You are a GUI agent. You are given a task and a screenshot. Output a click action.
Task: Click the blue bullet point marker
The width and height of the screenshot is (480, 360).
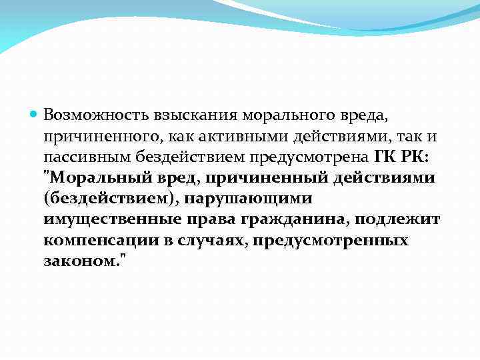(35, 114)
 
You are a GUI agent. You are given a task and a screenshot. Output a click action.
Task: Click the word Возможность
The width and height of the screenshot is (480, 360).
(87, 114)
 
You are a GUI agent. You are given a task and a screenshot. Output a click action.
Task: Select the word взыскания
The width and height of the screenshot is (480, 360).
(173, 115)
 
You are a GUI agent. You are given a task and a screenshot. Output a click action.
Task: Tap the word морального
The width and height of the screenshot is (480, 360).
(260, 114)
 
